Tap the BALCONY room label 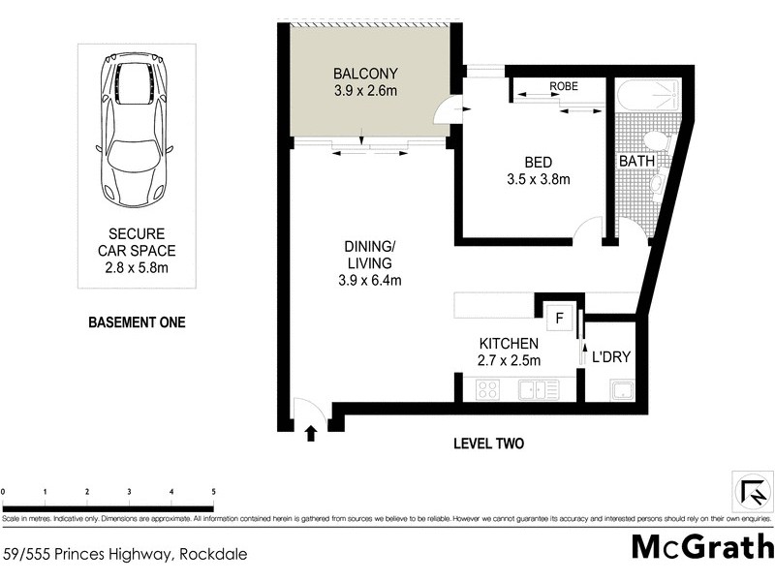(365, 74)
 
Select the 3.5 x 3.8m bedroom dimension (538, 179)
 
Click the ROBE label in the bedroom (564, 86)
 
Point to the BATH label (636, 161)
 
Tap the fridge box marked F (559, 317)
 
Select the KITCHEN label (510, 344)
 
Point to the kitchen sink (534, 390)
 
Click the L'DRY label (611, 357)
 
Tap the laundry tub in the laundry (620, 390)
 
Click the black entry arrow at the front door (311, 434)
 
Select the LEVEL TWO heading (488, 444)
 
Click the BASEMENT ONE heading (136, 322)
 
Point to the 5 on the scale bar (213, 492)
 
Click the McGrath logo (702, 547)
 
